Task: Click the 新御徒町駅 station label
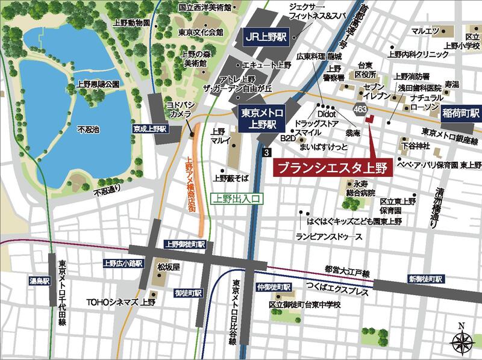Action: coord(425,279)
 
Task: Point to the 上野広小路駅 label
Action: coord(122,263)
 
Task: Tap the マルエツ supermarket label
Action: coord(424,29)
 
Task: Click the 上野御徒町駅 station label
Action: coord(185,244)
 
